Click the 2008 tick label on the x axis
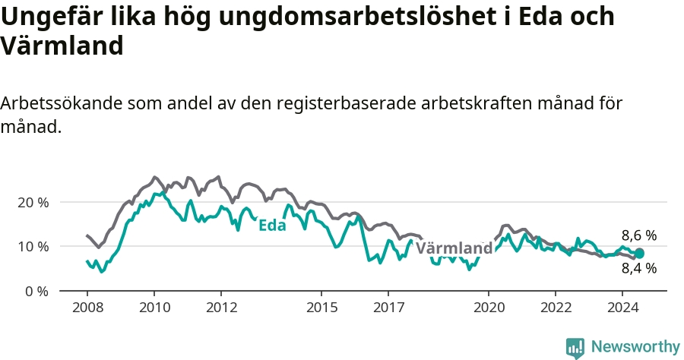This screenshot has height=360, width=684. click(x=87, y=308)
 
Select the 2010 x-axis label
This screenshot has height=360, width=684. click(x=154, y=308)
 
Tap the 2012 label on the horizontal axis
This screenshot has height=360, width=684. click(x=222, y=308)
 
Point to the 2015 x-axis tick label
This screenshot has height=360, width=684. click(x=322, y=308)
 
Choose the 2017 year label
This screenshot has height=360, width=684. click(x=388, y=308)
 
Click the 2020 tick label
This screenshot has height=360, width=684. click(x=489, y=308)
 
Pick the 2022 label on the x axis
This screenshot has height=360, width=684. click(x=556, y=308)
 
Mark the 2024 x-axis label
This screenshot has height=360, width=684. click(x=623, y=308)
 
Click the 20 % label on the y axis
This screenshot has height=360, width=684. click(x=33, y=203)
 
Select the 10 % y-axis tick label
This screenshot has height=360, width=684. click(x=33, y=247)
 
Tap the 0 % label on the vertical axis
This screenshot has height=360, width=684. click(x=36, y=291)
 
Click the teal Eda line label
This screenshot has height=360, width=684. click(x=272, y=226)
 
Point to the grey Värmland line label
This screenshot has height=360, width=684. click(x=454, y=248)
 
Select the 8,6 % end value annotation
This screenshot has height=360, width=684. click(x=639, y=235)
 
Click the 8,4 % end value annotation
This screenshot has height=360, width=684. click(x=639, y=268)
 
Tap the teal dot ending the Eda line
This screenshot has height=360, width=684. click(x=639, y=253)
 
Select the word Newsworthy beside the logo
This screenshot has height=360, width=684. click(x=635, y=347)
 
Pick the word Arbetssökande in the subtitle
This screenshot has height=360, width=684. click(x=61, y=104)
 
